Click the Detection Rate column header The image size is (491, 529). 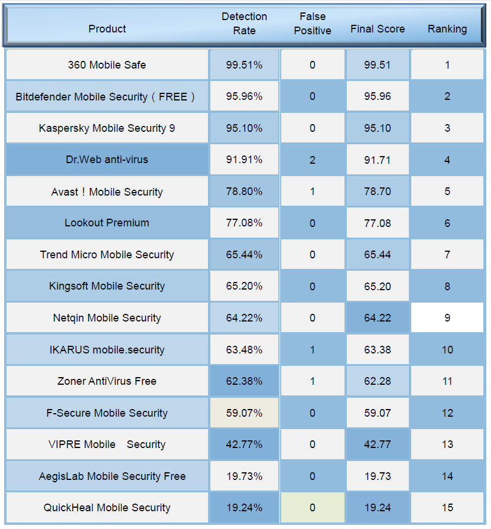point(244,24)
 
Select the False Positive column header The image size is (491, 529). point(312,24)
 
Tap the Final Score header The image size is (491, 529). point(378,29)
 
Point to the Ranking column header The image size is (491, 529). point(447,29)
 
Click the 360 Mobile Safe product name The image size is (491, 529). point(107,65)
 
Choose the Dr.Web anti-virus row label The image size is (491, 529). point(107,160)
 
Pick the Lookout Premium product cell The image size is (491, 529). point(107,223)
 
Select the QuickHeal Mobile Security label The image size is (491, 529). point(107,508)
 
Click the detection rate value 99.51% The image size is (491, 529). point(244,65)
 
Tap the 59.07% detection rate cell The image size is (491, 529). point(244,413)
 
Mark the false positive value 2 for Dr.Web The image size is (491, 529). point(312,160)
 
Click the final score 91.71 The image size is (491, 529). point(378,160)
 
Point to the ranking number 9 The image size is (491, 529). point(447,318)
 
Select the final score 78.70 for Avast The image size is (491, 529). point(378,192)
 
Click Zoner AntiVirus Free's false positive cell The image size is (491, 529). point(312,381)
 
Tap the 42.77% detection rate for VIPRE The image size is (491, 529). point(244,444)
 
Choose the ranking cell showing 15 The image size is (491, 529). point(447,508)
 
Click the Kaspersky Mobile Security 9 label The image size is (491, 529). point(107,128)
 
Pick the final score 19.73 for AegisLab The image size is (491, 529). point(378,476)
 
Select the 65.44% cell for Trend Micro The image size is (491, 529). point(244,255)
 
